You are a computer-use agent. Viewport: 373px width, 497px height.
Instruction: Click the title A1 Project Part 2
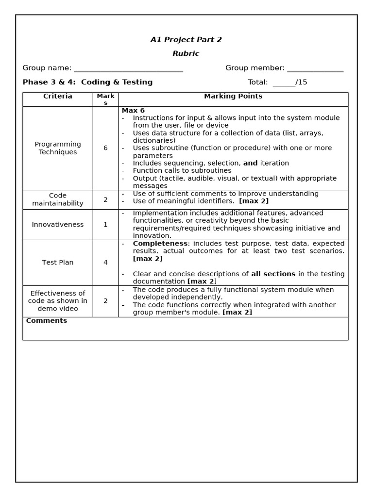point(186,40)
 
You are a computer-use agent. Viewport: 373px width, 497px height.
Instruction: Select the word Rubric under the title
point(186,53)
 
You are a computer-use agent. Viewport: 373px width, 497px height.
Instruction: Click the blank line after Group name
point(128,69)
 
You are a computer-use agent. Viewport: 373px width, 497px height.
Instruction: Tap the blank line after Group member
point(315,69)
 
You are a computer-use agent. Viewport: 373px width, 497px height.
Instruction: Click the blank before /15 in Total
point(284,83)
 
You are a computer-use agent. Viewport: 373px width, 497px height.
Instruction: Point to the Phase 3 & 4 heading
point(87,82)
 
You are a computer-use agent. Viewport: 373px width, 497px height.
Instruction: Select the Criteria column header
point(58,96)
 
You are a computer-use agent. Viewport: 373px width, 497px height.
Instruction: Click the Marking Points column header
point(233,96)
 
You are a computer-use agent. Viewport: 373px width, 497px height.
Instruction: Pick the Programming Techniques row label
point(58,148)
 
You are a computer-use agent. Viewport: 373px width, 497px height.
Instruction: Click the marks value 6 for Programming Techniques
point(105,148)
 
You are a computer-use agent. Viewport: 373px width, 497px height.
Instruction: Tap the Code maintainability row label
point(58,199)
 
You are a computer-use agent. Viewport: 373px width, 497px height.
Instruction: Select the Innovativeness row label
point(58,224)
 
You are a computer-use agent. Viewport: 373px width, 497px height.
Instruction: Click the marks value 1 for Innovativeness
point(105,224)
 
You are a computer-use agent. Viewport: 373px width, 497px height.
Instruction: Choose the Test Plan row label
point(58,262)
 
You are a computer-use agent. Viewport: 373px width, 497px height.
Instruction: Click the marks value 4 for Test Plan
point(105,262)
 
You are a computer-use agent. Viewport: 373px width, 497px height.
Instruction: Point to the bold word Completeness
point(160,243)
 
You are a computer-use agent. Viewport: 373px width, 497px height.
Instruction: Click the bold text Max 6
point(133,111)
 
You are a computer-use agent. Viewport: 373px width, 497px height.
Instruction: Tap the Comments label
point(47,321)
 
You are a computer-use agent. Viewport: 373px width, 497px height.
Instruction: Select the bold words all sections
point(273,274)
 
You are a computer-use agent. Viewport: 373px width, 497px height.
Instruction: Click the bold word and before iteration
point(250,163)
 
